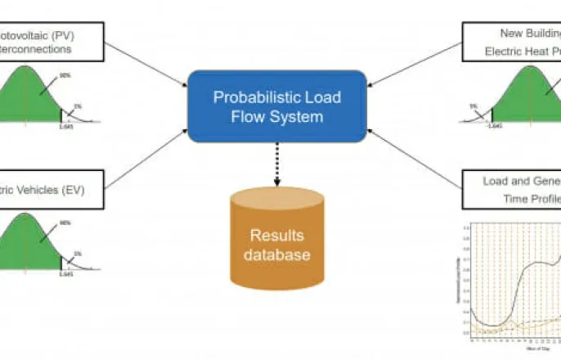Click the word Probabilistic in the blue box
(x=249, y=97)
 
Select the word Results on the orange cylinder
(x=276, y=236)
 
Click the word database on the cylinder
(x=276, y=255)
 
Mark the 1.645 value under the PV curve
(x=67, y=127)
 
